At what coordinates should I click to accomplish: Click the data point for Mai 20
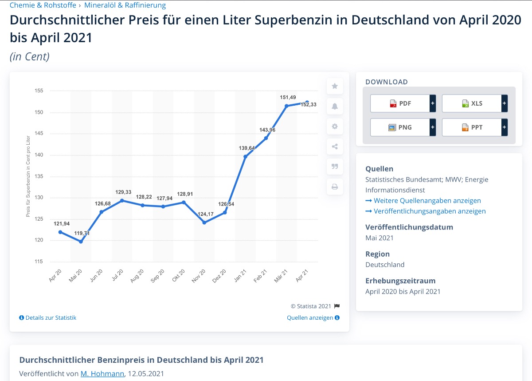pyautogui.click(x=81, y=242)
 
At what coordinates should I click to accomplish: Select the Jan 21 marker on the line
pyautogui.click(x=245, y=156)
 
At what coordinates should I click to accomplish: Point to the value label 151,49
pyautogui.click(x=287, y=98)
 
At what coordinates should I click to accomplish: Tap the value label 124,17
pyautogui.click(x=206, y=214)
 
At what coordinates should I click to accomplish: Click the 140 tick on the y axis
pyautogui.click(x=39, y=155)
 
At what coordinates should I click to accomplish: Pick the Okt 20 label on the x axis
pyautogui.click(x=179, y=276)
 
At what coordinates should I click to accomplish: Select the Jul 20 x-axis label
pyautogui.click(x=117, y=276)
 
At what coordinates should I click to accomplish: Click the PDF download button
pyautogui.click(x=400, y=103)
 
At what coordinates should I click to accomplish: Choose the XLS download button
pyautogui.click(x=472, y=103)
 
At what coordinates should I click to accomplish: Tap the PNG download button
pyautogui.click(x=400, y=127)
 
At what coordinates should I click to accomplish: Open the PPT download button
pyautogui.click(x=472, y=127)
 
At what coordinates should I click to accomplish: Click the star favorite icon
pyautogui.click(x=335, y=86)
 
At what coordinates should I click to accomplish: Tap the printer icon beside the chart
pyautogui.click(x=335, y=187)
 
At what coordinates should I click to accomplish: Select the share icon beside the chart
pyautogui.click(x=335, y=147)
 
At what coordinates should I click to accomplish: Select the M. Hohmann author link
pyautogui.click(x=102, y=373)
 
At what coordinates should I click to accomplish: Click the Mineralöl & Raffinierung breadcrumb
pyautogui.click(x=125, y=5)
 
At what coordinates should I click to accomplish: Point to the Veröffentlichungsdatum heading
pyautogui.click(x=409, y=227)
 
